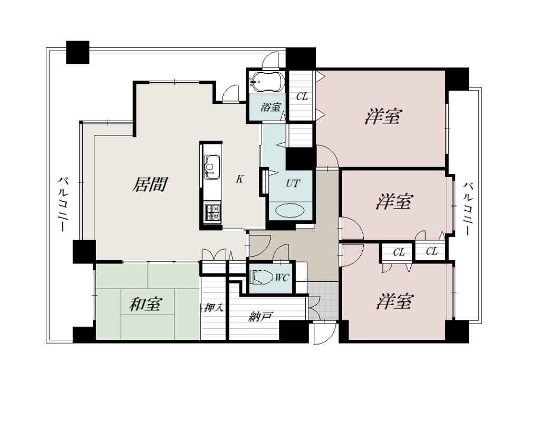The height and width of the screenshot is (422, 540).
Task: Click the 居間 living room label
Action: (x=150, y=184)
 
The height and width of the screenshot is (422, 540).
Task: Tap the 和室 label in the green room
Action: (x=146, y=304)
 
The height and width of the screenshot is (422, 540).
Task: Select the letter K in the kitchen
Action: (x=240, y=179)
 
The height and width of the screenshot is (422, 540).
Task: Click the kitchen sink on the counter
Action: (x=212, y=167)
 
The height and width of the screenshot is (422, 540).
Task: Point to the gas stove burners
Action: (x=212, y=212)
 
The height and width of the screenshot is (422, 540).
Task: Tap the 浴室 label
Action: (x=270, y=107)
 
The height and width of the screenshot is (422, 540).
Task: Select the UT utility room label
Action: (x=293, y=183)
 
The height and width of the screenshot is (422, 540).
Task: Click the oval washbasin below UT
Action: (x=290, y=211)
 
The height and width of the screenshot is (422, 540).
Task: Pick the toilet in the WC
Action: (x=259, y=277)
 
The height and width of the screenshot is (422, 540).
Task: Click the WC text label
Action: (x=282, y=277)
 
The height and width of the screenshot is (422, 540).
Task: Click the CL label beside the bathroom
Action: (x=302, y=96)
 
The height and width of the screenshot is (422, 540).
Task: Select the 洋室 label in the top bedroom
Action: (x=383, y=116)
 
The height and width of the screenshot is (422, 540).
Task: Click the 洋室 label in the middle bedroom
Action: (x=393, y=201)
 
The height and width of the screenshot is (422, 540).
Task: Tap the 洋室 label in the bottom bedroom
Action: (x=394, y=301)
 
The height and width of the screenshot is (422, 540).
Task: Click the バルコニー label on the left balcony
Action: (x=63, y=203)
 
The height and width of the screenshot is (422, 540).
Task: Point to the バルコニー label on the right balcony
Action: (x=468, y=209)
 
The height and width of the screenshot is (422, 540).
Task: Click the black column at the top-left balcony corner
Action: (x=78, y=52)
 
